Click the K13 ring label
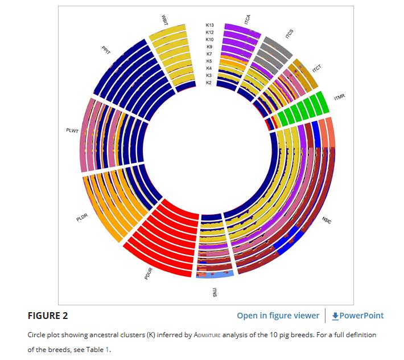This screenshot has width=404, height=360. click(209, 25)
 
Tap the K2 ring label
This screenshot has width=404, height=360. click(209, 83)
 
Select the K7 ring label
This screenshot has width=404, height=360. click(209, 54)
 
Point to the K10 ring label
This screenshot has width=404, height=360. click(209, 39)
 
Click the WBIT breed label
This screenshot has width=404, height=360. click(164, 18)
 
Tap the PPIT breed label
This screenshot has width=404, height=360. click(105, 50)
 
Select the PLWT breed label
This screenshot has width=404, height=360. click(72, 131)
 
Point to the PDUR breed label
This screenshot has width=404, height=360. click(149, 273)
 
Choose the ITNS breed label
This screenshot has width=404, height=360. click(215, 293)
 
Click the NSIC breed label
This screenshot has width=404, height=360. click(326, 220)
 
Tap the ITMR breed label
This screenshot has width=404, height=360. click(340, 97)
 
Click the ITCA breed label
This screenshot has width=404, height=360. click(248, 21)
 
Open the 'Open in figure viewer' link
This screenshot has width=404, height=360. click(278, 316)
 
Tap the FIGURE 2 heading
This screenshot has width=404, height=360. click(47, 316)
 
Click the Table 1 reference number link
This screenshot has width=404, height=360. click(106, 349)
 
